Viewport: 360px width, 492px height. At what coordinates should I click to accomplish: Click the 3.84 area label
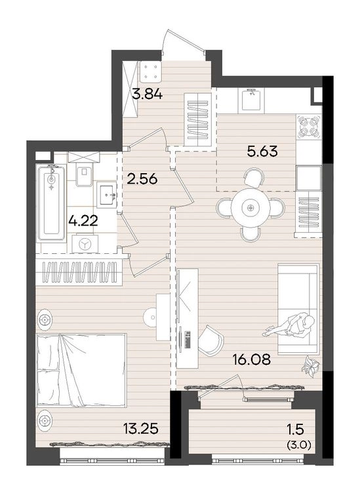(147, 93)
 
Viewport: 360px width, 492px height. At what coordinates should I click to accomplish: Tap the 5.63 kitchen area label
(262, 152)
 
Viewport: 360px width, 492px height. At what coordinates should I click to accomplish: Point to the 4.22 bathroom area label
(83, 220)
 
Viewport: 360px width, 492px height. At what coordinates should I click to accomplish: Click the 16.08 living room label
(252, 359)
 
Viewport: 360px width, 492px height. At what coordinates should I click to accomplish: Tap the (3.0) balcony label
(299, 445)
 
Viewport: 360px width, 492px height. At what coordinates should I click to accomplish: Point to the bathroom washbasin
(106, 195)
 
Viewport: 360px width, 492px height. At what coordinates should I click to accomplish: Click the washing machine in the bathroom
(85, 244)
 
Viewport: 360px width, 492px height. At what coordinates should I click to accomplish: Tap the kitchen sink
(251, 100)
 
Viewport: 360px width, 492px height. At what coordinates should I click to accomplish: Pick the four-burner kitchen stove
(310, 127)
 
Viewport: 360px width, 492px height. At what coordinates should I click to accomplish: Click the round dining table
(250, 208)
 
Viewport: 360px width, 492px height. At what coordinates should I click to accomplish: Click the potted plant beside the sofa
(310, 366)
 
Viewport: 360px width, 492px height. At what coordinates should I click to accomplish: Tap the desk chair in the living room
(210, 341)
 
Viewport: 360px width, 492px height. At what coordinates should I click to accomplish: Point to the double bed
(81, 371)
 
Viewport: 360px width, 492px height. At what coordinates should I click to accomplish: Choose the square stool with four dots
(151, 72)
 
